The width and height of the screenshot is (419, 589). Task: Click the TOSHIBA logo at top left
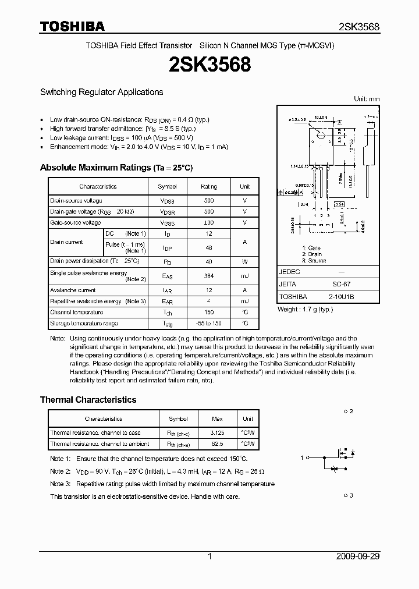(x=72, y=27)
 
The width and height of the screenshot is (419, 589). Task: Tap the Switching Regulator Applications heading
(x=101, y=92)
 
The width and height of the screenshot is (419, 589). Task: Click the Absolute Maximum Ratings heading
(x=116, y=168)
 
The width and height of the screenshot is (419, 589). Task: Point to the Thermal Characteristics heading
(x=88, y=400)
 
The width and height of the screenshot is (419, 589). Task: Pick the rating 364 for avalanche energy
(x=209, y=275)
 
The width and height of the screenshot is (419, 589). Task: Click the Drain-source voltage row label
(x=76, y=200)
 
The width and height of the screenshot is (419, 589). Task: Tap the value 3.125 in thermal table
(x=217, y=432)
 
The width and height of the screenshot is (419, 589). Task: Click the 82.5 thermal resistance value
(x=217, y=443)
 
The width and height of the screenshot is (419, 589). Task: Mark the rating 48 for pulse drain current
(x=209, y=247)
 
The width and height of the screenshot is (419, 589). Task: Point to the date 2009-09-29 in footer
(x=358, y=556)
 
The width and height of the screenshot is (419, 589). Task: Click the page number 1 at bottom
(x=210, y=556)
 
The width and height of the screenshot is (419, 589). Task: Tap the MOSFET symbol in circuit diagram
(x=338, y=458)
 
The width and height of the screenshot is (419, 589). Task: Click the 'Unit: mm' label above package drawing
(x=367, y=99)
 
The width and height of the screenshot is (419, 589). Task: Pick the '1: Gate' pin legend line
(x=311, y=247)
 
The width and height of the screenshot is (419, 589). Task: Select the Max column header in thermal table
(x=217, y=418)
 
